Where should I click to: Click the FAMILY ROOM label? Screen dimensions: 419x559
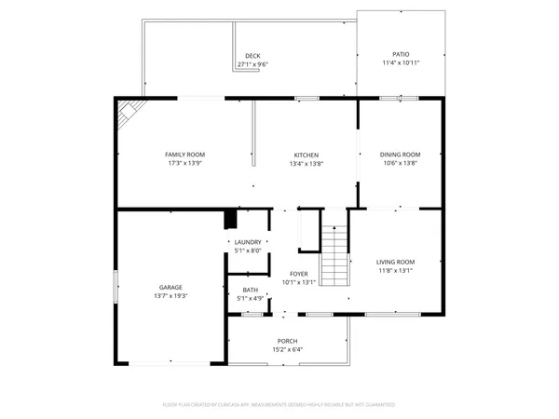(184, 155)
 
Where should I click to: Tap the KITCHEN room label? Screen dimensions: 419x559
(307, 155)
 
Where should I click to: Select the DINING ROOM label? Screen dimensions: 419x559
(400, 155)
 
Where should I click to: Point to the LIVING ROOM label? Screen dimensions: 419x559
(396, 263)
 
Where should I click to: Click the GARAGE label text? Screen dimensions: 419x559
(170, 287)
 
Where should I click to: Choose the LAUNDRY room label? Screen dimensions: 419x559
(248, 242)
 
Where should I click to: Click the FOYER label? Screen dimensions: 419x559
(299, 274)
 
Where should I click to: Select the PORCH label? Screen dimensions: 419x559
(287, 341)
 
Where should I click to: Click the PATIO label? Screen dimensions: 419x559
(401, 55)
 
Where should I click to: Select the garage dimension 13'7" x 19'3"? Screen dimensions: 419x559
(170, 295)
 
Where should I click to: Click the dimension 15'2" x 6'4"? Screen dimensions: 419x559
(287, 349)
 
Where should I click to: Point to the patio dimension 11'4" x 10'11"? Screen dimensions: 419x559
(401, 63)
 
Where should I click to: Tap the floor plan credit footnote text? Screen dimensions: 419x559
(279, 405)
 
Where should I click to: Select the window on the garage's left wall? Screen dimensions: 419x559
(116, 285)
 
